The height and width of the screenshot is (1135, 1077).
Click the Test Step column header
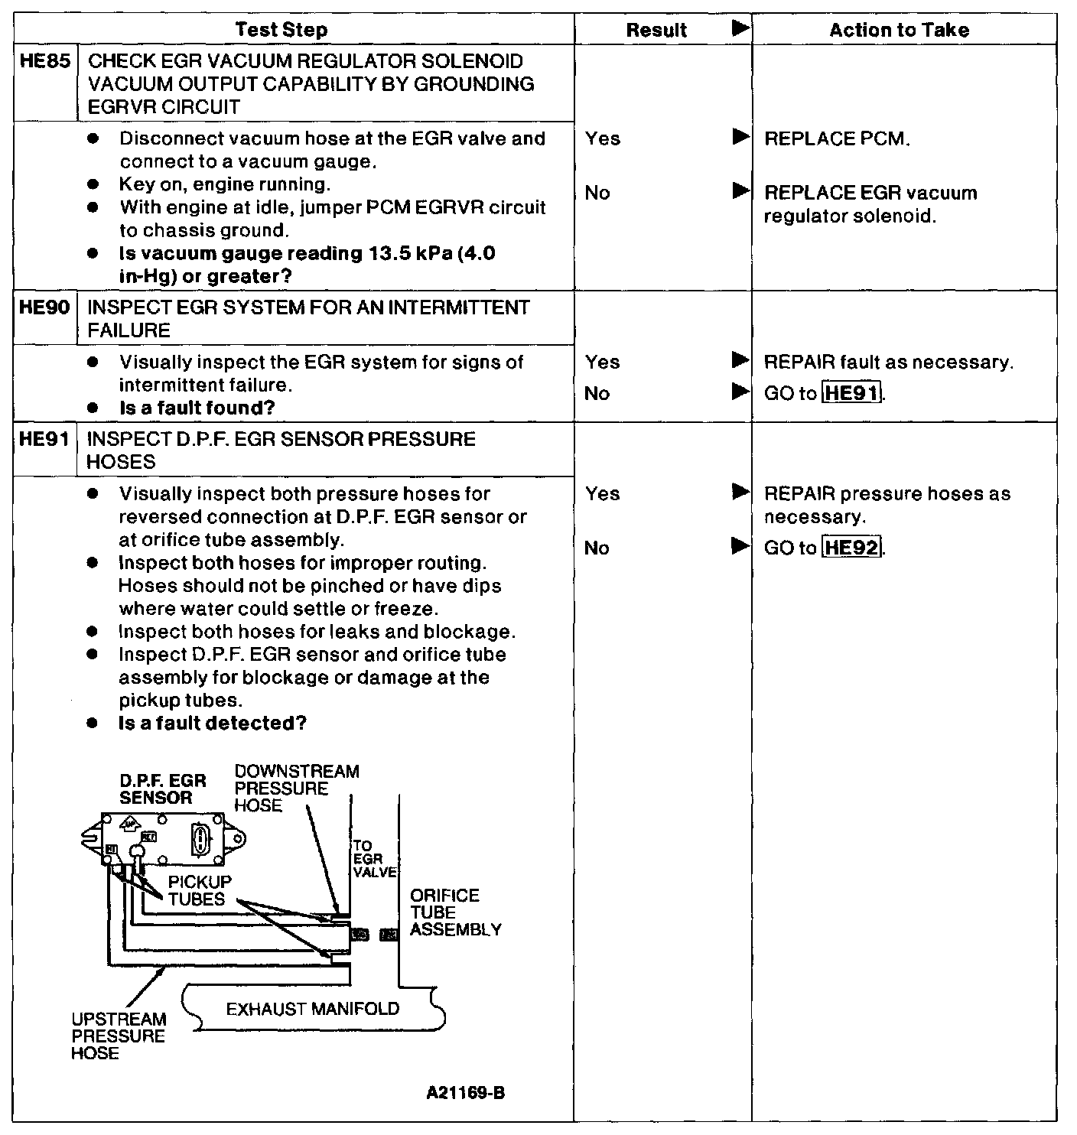point(281,30)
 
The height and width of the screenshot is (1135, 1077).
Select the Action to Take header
point(899,30)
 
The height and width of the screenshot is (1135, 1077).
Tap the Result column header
point(656,30)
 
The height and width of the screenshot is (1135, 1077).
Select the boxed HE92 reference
point(851,548)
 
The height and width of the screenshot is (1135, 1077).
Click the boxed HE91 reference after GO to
point(851,393)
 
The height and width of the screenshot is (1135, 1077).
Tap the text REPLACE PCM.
point(837,138)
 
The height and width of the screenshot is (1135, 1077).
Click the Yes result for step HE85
point(603,138)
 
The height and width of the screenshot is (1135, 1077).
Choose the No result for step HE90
point(597,393)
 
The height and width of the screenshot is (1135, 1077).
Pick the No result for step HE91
point(597,548)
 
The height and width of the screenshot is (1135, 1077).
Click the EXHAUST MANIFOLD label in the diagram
point(313,1009)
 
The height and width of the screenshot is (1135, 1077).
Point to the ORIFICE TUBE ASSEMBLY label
point(455,912)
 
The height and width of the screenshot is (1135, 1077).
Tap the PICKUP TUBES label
point(197,890)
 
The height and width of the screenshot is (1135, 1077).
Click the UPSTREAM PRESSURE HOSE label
point(119,1036)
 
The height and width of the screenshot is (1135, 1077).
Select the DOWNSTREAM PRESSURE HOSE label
point(296,788)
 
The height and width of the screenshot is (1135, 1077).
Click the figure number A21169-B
point(466,1093)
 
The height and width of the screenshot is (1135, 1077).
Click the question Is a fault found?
point(197,408)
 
